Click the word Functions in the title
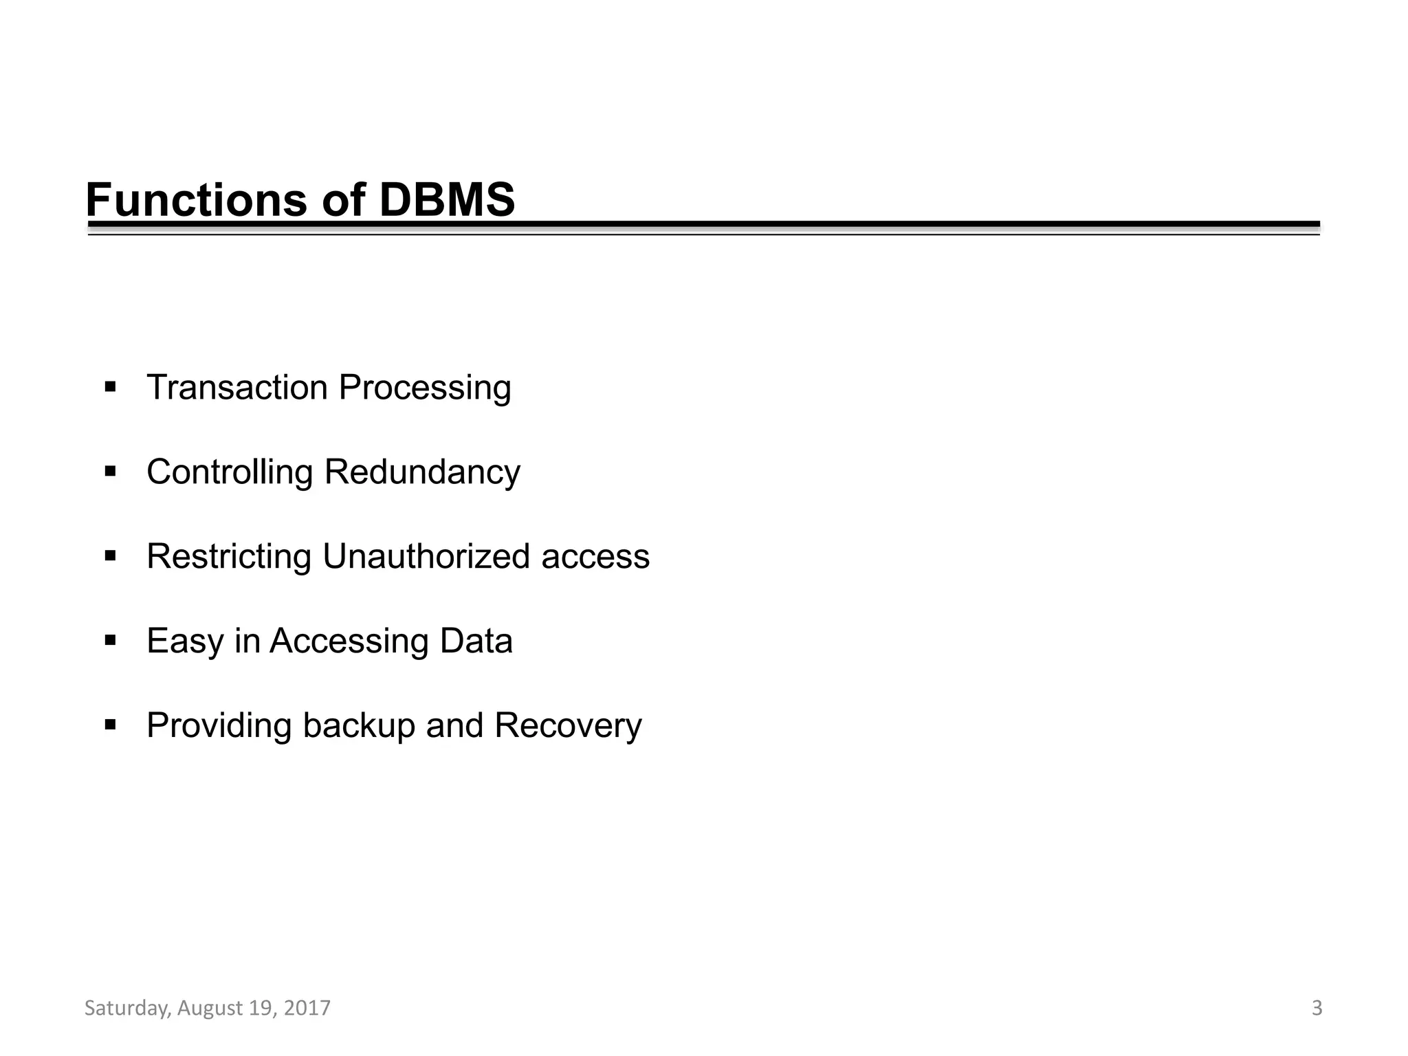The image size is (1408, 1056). coord(197,200)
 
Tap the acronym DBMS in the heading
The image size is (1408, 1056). coord(446,200)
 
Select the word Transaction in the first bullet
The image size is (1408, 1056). coord(237,387)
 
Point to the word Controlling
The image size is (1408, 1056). coord(230,473)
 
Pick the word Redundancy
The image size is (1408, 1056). coord(422,473)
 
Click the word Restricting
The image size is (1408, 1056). coord(229,557)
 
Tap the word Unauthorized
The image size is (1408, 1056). coord(426,556)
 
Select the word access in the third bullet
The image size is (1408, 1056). coord(595,558)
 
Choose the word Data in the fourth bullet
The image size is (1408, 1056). coord(476,641)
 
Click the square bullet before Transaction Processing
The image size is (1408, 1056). coord(110,387)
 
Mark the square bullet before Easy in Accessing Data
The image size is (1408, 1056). coord(110,641)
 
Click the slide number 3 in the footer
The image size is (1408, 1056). coord(1317,1008)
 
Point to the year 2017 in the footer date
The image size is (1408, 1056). coord(307,1008)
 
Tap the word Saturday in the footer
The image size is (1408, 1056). coord(126,1009)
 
